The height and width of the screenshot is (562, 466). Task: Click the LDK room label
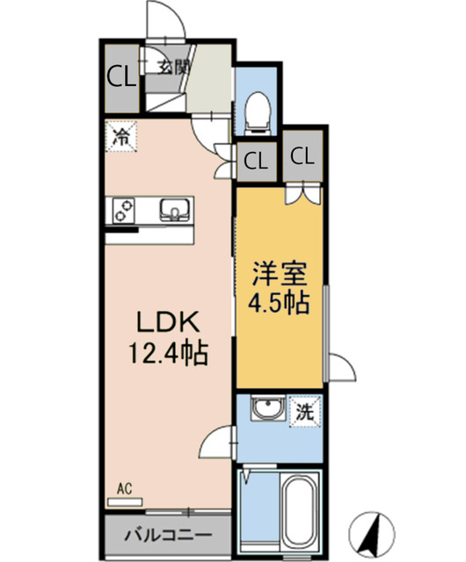tap(167, 322)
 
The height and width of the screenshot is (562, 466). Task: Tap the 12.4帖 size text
tap(169, 353)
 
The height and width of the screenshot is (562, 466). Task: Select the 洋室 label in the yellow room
tap(280, 274)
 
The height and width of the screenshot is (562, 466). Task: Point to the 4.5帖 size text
tap(280, 302)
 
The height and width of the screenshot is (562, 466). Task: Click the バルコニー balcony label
tap(168, 535)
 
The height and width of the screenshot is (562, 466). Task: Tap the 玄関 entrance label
tap(174, 67)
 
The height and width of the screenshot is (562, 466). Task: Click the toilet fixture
tap(257, 112)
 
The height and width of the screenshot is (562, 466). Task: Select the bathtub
tap(300, 510)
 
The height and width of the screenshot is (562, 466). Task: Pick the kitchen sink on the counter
tap(174, 210)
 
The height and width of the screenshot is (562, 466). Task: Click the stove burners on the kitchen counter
tap(123, 211)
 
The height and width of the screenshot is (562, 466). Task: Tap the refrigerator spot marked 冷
tap(121, 136)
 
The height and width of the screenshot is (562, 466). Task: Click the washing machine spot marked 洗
tap(305, 412)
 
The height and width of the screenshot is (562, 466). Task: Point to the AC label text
tap(125, 488)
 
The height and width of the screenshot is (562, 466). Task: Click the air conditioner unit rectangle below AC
tap(125, 502)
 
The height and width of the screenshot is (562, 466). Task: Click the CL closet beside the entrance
tap(122, 78)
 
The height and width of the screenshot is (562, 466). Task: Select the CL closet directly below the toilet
tap(256, 162)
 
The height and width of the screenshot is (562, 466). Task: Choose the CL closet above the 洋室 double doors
tap(302, 156)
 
